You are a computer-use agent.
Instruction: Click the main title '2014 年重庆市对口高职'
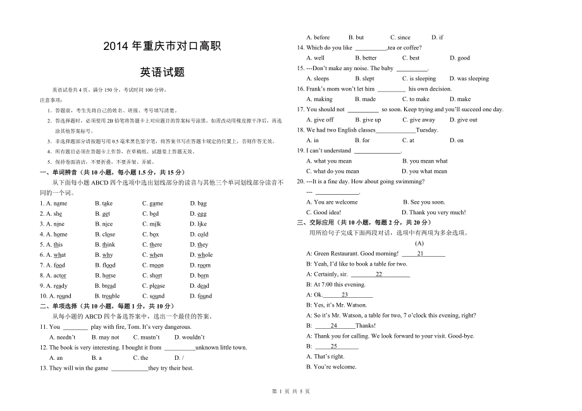click(x=162, y=46)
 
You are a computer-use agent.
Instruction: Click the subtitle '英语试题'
click(x=163, y=72)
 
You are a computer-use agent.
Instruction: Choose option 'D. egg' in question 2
click(x=198, y=214)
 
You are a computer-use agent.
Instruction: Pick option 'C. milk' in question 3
click(x=152, y=224)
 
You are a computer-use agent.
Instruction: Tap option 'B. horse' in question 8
click(x=105, y=276)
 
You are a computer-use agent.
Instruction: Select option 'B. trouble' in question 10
click(x=107, y=296)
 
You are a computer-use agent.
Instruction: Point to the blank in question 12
click(x=180, y=348)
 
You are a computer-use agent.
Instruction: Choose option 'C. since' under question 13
click(x=400, y=37)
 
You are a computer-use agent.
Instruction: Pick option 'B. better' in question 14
click(x=366, y=58)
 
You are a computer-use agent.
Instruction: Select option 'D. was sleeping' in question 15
click(x=469, y=79)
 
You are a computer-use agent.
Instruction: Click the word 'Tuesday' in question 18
click(x=427, y=130)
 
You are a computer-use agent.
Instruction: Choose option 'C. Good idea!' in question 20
click(x=323, y=212)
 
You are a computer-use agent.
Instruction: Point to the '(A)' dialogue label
click(x=419, y=243)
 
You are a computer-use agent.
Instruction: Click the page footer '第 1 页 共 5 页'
click(x=291, y=391)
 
